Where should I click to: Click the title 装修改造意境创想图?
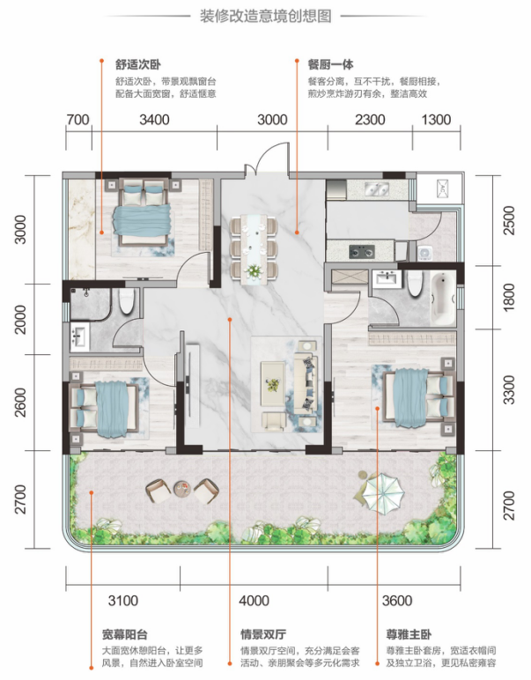(x=265, y=17)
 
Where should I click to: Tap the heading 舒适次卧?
(x=138, y=64)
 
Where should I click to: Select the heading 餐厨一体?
(x=330, y=64)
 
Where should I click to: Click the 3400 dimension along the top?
(x=154, y=120)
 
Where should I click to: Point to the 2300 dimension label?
(x=370, y=120)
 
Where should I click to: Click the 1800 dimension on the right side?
(x=509, y=297)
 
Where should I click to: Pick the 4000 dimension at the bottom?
(x=254, y=601)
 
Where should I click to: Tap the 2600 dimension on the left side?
(x=20, y=403)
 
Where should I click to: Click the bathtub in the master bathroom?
(x=442, y=299)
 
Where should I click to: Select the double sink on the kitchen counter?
(x=376, y=188)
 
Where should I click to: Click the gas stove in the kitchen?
(x=362, y=251)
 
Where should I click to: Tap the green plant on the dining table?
(x=253, y=271)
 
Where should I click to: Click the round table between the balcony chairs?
(x=182, y=489)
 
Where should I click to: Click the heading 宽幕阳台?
(x=125, y=634)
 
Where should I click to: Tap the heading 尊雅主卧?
(x=409, y=634)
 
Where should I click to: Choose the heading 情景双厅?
(x=263, y=634)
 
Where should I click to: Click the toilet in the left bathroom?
(x=127, y=300)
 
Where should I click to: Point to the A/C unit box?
(x=442, y=188)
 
